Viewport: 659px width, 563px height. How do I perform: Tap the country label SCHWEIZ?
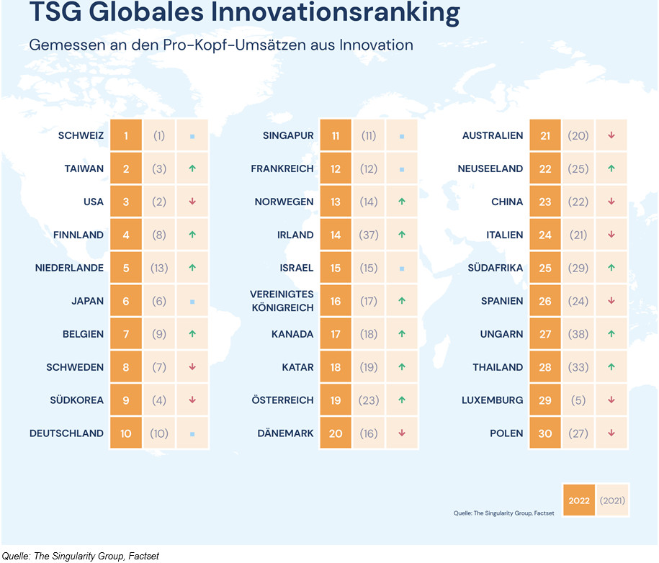coord(81,135)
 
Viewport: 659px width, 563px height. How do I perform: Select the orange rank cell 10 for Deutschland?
coord(126,433)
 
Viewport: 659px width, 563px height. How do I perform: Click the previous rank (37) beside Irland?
coord(369,235)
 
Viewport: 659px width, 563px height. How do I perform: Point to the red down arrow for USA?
coord(192,202)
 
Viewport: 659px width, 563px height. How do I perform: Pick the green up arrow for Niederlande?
coord(192,268)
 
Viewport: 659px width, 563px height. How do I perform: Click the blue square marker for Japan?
coord(192,301)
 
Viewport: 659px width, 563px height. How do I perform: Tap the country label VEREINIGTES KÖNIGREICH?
coord(282,301)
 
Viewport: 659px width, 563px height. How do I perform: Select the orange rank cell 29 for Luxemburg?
coord(545,400)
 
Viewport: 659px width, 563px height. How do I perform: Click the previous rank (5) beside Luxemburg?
coord(578,400)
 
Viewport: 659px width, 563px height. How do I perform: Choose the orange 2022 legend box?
coord(578,500)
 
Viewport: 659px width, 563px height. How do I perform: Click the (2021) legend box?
coord(612,500)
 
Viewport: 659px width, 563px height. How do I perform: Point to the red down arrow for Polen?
coord(611,433)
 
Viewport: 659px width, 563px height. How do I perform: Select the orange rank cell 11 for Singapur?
coord(336,135)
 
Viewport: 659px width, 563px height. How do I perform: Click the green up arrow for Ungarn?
coord(611,334)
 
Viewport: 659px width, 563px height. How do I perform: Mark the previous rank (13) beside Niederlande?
coord(159,268)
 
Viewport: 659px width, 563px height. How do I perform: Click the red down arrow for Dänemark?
coord(402,433)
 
